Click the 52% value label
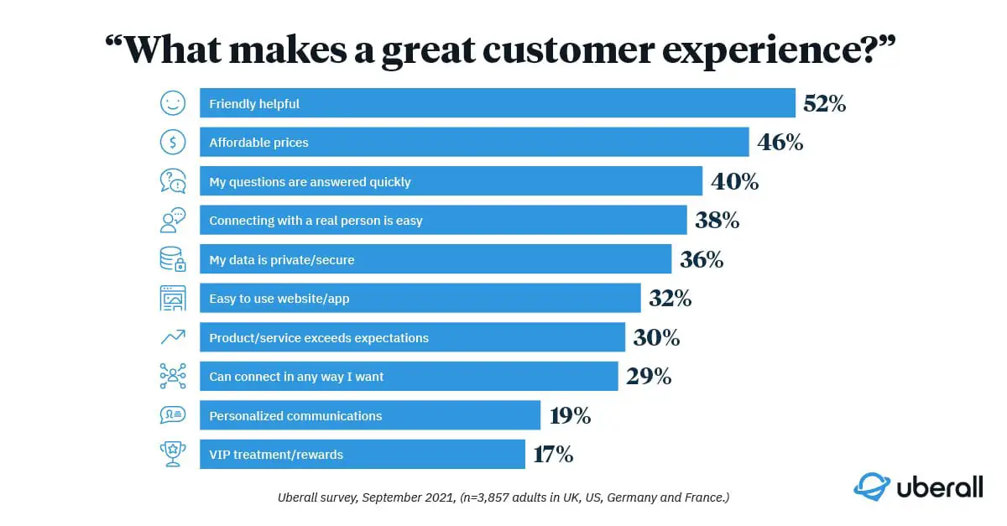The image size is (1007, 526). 824,104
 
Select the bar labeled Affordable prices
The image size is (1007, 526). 474,143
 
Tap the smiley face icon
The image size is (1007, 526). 173,104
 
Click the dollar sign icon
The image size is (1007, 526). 173,143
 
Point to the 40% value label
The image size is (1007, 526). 734,182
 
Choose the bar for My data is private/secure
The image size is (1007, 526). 436,260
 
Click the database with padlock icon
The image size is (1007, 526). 173,260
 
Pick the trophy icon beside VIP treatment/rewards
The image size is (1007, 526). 173,455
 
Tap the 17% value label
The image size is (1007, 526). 554,455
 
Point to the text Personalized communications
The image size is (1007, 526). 295,416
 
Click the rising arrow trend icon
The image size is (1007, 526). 173,338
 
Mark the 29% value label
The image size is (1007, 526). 649,377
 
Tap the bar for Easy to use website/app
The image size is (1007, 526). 420,299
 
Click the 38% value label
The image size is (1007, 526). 717,221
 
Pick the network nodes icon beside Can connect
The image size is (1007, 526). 173,377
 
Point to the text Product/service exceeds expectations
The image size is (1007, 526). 319,338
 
